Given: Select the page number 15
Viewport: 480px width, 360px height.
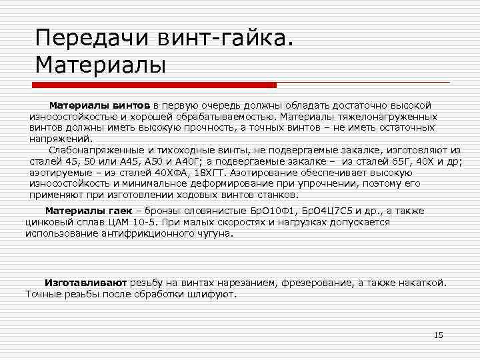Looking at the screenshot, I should tap(438, 335).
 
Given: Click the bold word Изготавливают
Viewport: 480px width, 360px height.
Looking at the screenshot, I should tap(86, 283).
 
